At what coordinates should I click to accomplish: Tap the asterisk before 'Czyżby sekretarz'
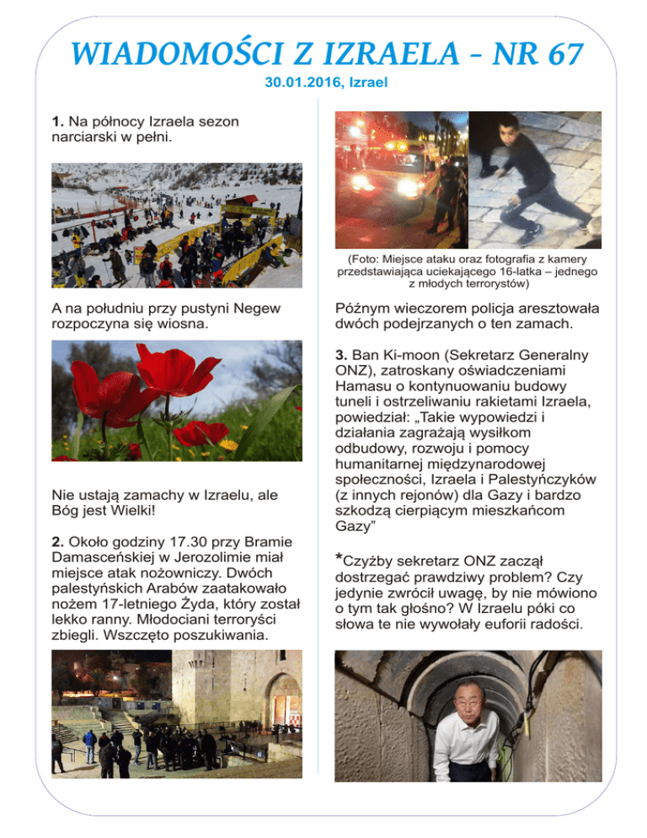339,560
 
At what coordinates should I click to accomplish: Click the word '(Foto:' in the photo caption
363,257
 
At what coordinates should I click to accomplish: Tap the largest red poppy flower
179,369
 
